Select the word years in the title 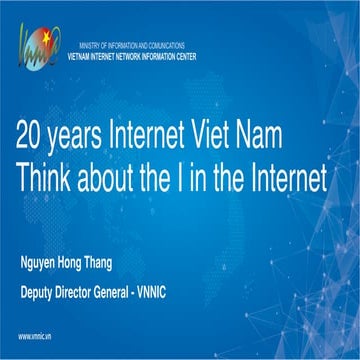91,134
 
